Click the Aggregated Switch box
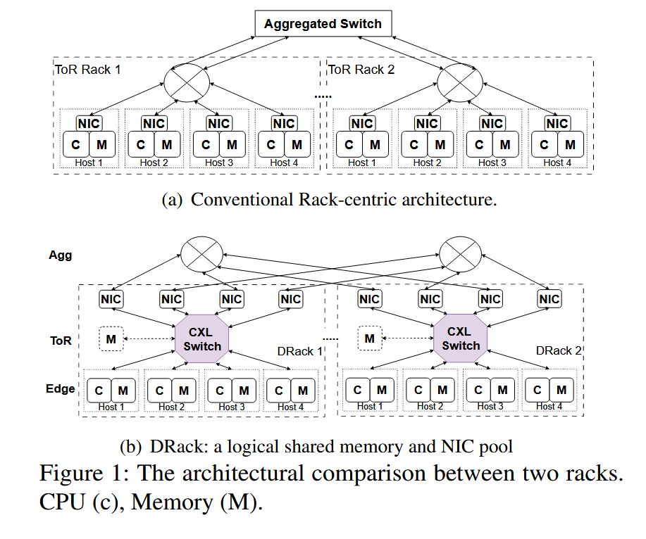[x=323, y=24]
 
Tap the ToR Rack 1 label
[x=88, y=70]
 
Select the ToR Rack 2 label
[x=361, y=70]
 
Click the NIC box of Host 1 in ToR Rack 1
[x=89, y=124]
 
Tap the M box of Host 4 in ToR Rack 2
[x=571, y=146]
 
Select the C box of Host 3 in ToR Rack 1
[x=206, y=146]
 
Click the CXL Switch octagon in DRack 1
[x=202, y=338]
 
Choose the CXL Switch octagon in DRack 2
[x=461, y=338]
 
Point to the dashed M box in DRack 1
[x=111, y=340]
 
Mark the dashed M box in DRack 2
[x=370, y=340]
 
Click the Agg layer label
[x=60, y=256]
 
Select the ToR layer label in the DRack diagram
[x=61, y=341]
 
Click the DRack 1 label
[x=299, y=351]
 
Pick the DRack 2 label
[x=559, y=350]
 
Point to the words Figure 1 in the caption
[x=81, y=473]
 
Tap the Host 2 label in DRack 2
[x=426, y=406]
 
